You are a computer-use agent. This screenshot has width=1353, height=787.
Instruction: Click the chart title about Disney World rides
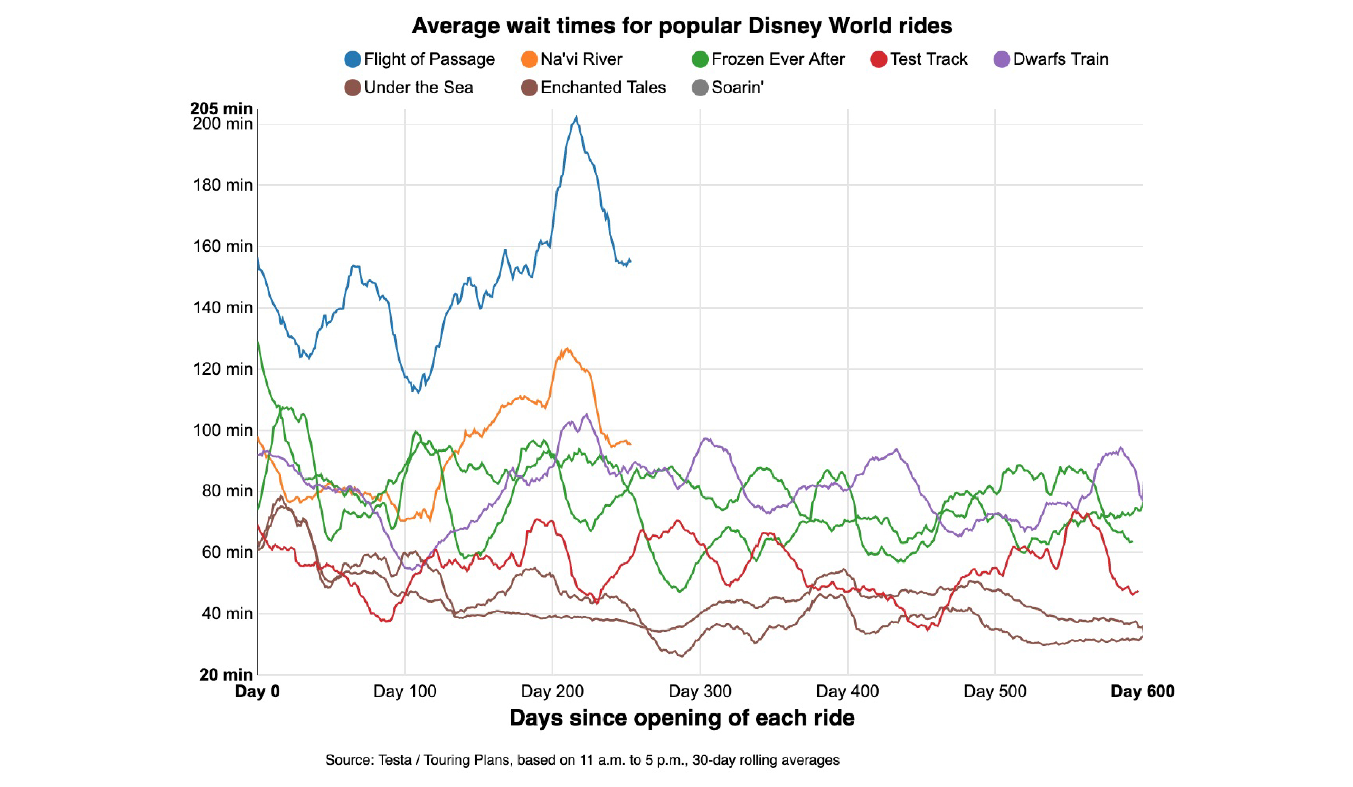coord(681,26)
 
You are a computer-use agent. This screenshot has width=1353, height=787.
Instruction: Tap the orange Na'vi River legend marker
coord(529,59)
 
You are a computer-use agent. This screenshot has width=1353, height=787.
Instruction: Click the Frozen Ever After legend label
coord(777,59)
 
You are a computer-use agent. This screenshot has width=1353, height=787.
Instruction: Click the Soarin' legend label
coord(737,88)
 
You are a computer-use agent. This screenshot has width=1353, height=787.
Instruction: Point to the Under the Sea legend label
coord(418,88)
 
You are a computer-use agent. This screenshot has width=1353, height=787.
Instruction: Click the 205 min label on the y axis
coord(221,108)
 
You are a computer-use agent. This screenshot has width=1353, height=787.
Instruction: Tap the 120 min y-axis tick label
coord(223,369)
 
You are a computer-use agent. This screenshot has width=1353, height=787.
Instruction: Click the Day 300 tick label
coord(700,692)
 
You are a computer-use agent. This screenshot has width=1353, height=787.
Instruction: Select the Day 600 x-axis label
coord(1142,692)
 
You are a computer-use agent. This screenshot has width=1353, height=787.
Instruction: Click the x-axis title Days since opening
coord(681,718)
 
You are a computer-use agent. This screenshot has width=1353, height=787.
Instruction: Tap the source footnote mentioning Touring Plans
coord(582,760)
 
